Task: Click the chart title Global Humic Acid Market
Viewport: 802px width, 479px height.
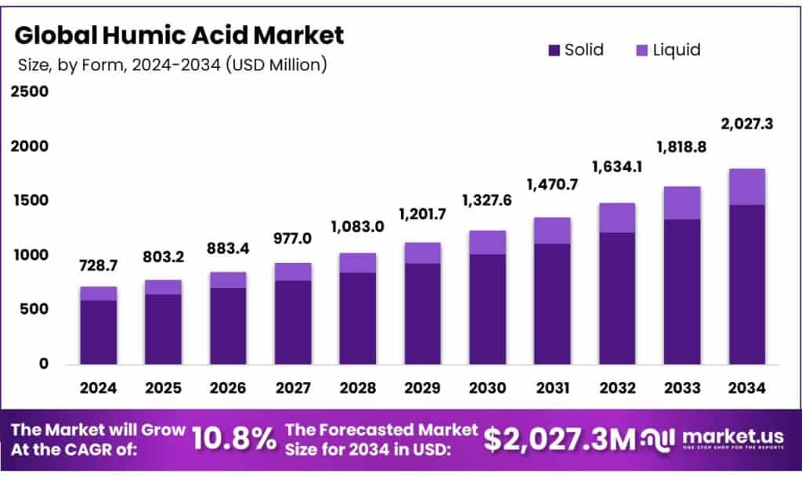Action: [x=179, y=35]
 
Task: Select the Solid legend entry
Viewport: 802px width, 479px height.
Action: [x=576, y=50]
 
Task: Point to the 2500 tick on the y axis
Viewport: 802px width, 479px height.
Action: [x=30, y=92]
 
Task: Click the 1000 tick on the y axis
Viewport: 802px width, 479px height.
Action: [x=30, y=255]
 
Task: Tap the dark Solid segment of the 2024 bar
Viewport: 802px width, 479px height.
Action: [x=98, y=332]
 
